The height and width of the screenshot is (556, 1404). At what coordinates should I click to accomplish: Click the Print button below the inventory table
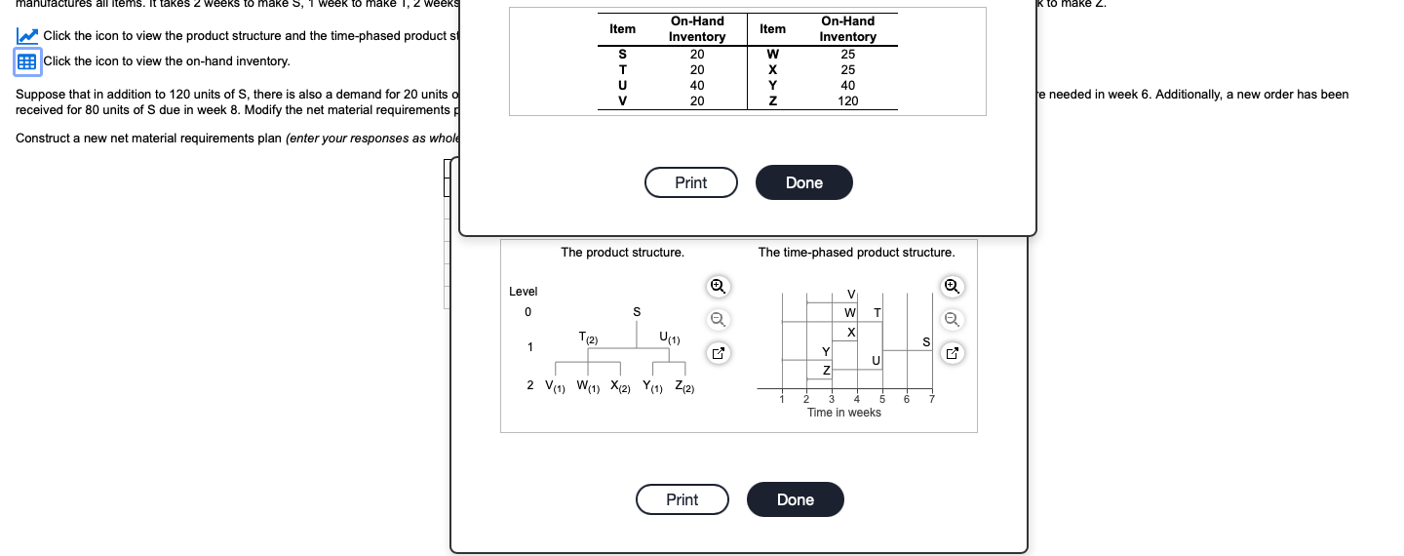(x=690, y=182)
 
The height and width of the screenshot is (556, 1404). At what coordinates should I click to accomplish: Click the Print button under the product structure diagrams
(x=682, y=499)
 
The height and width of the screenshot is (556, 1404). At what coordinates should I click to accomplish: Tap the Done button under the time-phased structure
(x=795, y=499)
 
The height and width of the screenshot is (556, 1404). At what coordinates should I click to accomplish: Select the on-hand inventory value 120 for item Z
(x=847, y=100)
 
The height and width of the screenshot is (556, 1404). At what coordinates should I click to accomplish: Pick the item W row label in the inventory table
(x=772, y=54)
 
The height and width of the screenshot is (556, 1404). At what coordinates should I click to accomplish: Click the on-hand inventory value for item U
(x=696, y=85)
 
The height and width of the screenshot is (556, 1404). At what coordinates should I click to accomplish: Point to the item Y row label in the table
(x=772, y=85)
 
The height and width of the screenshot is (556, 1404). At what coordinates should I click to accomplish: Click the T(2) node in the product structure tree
(x=588, y=338)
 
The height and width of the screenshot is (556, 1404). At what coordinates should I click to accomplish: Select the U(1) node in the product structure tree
(x=670, y=338)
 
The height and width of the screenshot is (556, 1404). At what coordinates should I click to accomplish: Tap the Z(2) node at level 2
(x=683, y=386)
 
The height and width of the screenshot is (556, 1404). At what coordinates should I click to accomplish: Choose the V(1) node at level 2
(x=554, y=386)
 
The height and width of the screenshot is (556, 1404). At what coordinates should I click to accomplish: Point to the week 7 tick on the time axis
(x=931, y=399)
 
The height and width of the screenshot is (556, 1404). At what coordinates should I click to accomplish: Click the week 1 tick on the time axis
(x=781, y=399)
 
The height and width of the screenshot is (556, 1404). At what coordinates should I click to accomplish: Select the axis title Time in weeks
(x=843, y=413)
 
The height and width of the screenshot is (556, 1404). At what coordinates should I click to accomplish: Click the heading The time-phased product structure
(x=856, y=253)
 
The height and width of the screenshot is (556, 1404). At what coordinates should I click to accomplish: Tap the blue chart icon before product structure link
(x=27, y=36)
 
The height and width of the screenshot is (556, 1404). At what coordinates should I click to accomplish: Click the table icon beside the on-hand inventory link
(x=27, y=61)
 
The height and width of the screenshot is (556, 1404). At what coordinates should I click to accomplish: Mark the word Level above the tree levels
(x=523, y=292)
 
